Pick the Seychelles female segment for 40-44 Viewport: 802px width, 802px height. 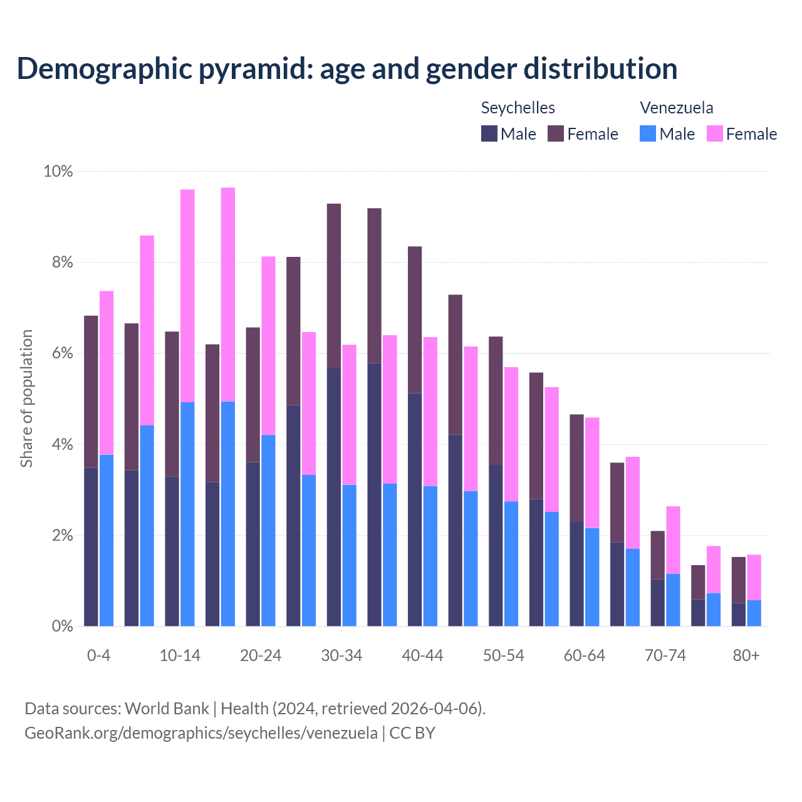[x=415, y=320]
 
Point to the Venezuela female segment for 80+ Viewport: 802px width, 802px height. [x=754, y=577]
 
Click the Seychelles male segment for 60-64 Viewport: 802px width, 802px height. [x=576, y=574]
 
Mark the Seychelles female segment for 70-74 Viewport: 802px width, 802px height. [x=657, y=555]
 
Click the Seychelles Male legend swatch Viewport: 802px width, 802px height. [x=489, y=133]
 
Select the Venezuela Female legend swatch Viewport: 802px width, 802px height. [x=715, y=133]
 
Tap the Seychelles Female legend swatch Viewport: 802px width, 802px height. [x=556, y=133]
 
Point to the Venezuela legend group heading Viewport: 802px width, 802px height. [x=676, y=108]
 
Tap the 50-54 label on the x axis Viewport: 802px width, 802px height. [x=504, y=655]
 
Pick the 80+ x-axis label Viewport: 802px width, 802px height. [x=746, y=655]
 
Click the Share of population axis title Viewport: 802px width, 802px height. [x=26, y=398]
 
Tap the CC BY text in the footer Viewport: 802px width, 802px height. [x=412, y=733]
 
